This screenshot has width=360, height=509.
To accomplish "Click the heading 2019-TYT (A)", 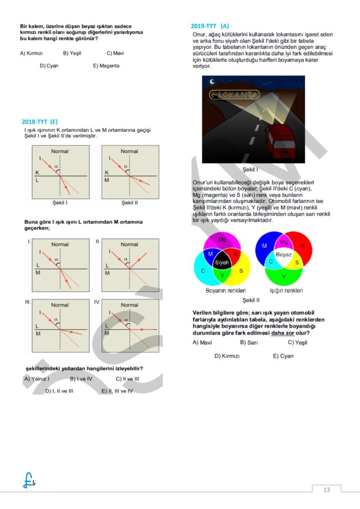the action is [210, 26].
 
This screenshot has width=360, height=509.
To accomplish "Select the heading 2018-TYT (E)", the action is [40, 122].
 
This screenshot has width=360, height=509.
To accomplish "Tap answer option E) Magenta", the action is [106, 66].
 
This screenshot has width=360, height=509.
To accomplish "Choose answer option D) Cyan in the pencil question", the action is [49, 66].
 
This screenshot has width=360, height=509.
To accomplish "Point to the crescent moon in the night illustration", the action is [212, 81].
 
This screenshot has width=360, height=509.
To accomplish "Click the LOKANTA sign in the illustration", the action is [234, 94].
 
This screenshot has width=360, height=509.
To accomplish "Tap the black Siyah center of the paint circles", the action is [222, 262].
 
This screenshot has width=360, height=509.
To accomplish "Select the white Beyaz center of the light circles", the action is [284, 255].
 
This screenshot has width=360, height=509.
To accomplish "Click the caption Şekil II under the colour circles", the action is [251, 300].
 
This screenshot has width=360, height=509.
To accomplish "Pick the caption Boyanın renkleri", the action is [226, 290].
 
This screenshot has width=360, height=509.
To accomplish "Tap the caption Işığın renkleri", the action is [286, 290].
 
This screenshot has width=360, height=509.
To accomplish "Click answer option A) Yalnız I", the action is [37, 379].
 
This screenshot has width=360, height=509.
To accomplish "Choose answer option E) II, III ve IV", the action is [117, 391].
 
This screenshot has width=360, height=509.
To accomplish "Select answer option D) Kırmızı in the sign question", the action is [227, 356].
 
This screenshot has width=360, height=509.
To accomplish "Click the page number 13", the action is [327, 489].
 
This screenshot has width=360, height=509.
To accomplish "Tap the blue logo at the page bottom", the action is [29, 480].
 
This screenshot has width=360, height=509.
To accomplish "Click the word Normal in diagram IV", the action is [130, 305].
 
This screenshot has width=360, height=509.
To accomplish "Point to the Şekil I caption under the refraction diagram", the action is [60, 203].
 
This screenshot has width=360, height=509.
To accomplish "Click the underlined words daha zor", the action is [283, 333].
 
